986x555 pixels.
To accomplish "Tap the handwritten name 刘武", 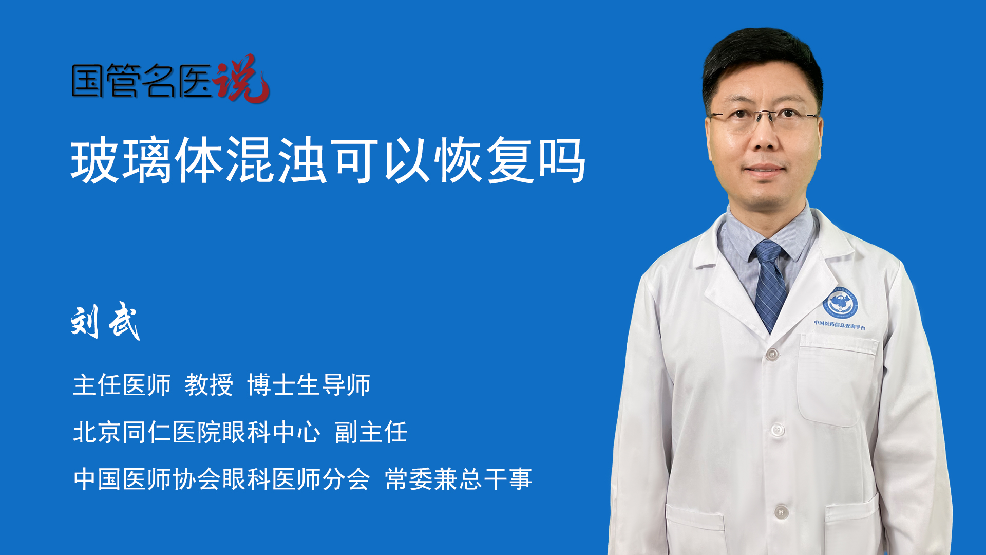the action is [x=105, y=322].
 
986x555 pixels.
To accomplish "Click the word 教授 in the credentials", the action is [x=209, y=385].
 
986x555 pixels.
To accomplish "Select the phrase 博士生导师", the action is [x=309, y=385].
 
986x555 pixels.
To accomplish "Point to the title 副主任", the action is [x=371, y=432].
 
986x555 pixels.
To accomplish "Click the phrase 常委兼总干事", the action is [x=459, y=479].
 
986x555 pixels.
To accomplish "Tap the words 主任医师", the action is [x=122, y=385].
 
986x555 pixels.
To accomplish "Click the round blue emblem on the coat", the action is [x=841, y=303].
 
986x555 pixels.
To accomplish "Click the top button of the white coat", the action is [x=772, y=354].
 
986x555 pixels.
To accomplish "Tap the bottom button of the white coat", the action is [x=781, y=512].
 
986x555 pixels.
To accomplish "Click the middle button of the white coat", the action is [x=778, y=430].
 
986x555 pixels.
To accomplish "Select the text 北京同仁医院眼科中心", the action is [x=197, y=432].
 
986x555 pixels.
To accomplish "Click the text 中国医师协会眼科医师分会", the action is [x=222, y=479].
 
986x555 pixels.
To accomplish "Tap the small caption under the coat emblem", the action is [x=840, y=325].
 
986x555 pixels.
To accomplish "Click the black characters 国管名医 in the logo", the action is [x=142, y=81].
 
